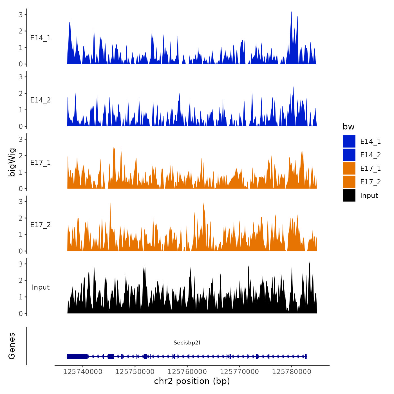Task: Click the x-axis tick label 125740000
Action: (83, 371)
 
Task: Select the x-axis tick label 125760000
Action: (187, 371)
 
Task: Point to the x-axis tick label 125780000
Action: (292, 371)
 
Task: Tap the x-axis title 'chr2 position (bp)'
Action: (192, 381)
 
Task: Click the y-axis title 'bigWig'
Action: (12, 162)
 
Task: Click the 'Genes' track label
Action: (12, 346)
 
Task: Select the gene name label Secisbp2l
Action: (187, 342)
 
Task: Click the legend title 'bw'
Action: (348, 127)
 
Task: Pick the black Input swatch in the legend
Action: (349, 195)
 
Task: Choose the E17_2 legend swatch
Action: (349, 182)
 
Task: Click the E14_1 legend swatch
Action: (349, 141)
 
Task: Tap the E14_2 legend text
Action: (370, 155)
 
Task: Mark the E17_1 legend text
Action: (370, 168)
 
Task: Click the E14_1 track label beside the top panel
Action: (41, 38)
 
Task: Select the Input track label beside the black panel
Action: (41, 287)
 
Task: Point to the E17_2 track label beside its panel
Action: (41, 225)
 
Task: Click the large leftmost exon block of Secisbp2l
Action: (77, 356)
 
